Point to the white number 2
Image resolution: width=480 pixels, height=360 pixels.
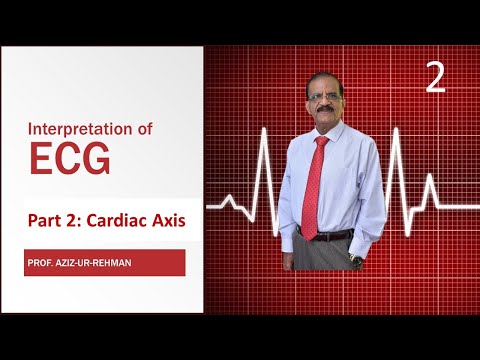[x=435, y=79]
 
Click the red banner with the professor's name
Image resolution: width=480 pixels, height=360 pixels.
[x=105, y=263]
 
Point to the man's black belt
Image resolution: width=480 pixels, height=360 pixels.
[x=330, y=236]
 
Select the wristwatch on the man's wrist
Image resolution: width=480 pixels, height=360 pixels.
[x=357, y=259]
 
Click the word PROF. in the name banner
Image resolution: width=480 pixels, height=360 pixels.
[x=46, y=263]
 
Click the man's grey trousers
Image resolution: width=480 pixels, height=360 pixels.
[x=325, y=255]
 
